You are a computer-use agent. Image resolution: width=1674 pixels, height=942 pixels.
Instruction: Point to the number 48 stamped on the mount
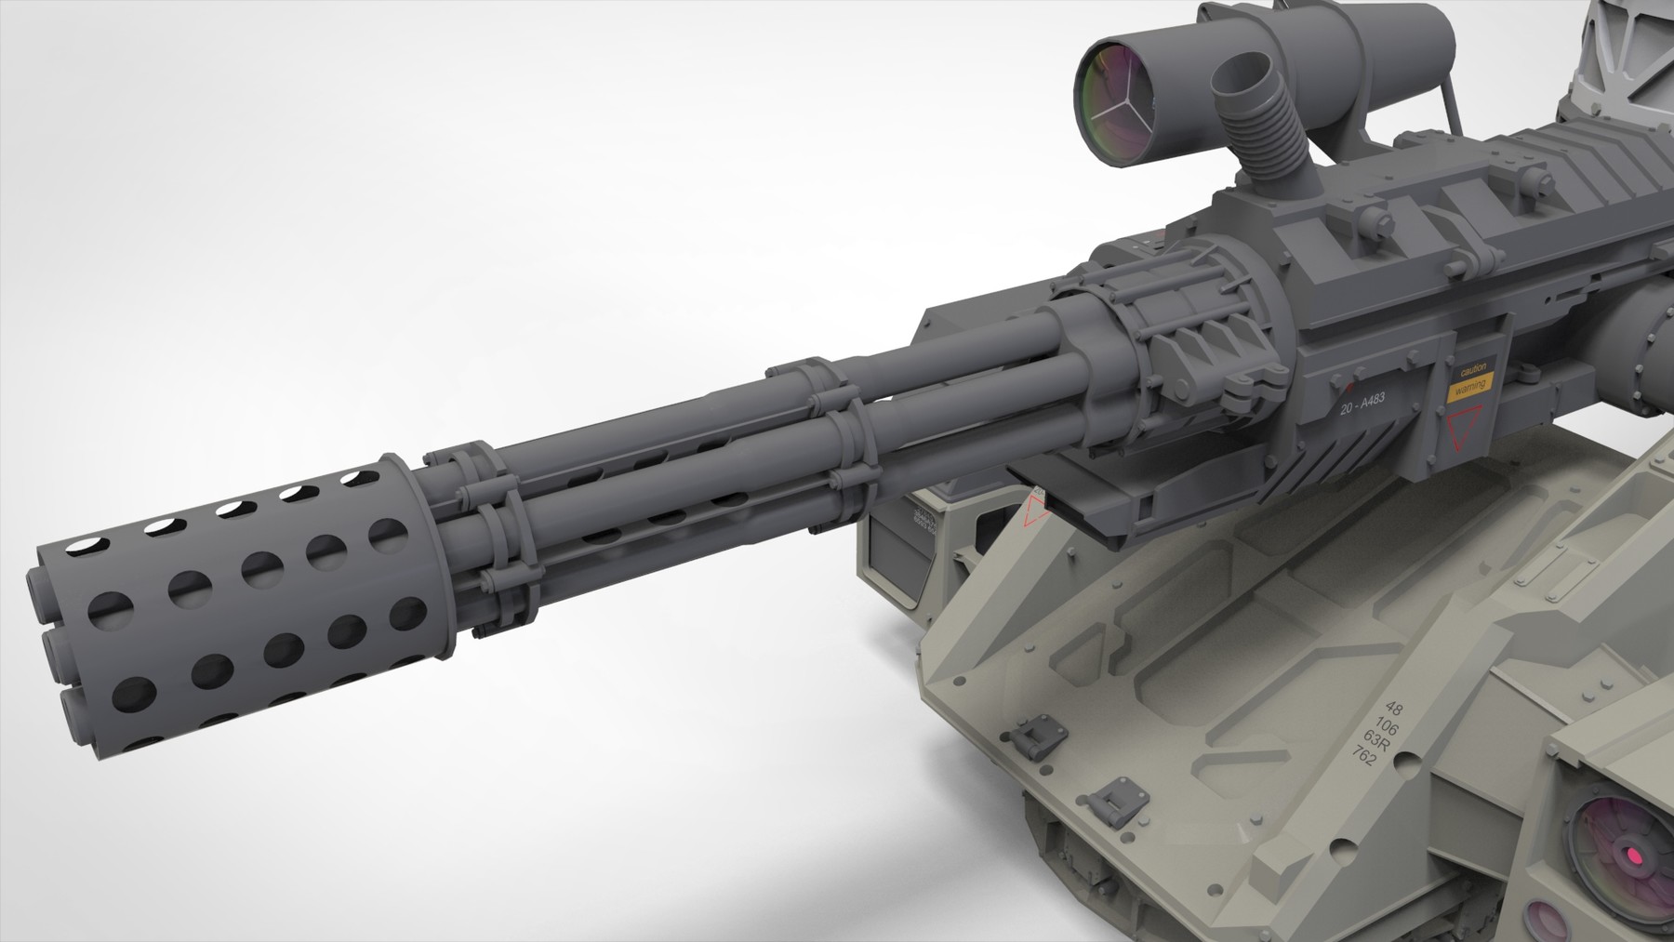(x=1395, y=710)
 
